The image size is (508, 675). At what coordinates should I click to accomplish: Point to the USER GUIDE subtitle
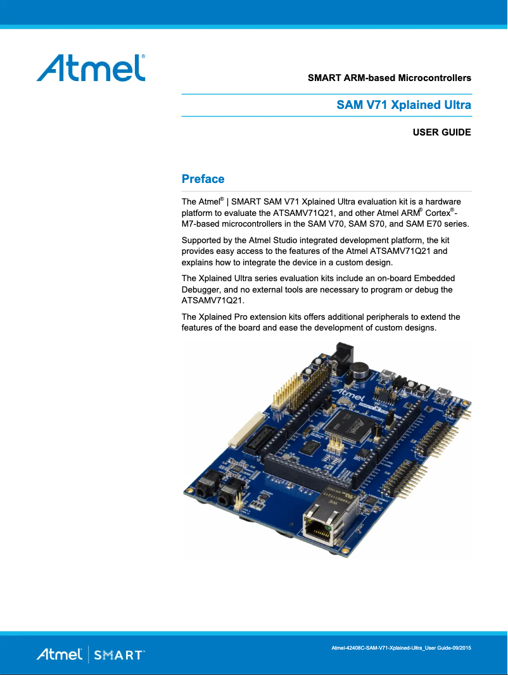tap(441, 132)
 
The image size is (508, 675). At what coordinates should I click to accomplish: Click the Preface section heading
tap(203, 179)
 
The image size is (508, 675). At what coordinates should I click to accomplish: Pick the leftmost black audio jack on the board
tap(206, 488)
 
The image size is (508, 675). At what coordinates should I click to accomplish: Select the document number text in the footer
tap(402, 648)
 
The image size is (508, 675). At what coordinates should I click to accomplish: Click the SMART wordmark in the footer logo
tap(118, 655)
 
